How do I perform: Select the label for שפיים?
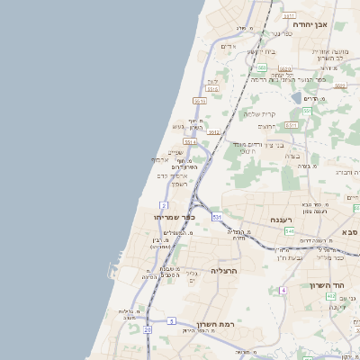(176, 152)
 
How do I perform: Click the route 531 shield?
(217, 217)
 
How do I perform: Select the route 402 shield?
(330, 295)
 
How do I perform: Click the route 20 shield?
(148, 329)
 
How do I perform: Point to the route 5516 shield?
(213, 90)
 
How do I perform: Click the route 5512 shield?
(214, 132)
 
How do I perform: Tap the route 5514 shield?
(190, 142)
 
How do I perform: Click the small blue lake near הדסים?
(297, 97)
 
